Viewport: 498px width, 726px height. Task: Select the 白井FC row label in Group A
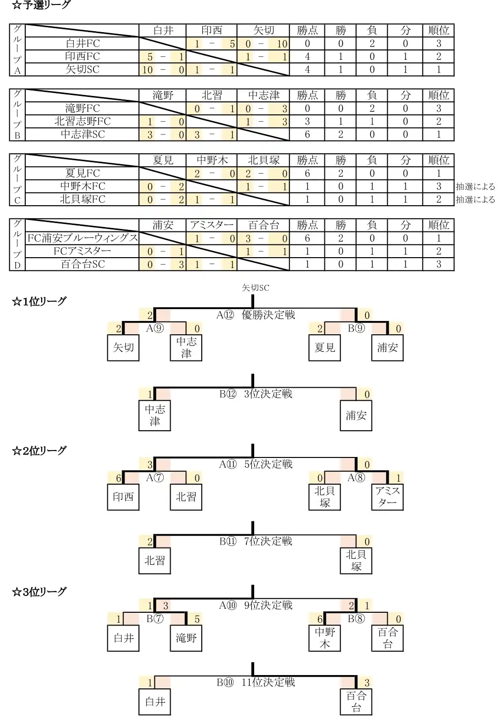point(83,44)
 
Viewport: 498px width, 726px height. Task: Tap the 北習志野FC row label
point(83,121)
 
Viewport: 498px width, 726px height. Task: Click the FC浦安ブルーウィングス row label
point(83,238)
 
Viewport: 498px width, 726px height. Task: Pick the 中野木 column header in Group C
point(212,160)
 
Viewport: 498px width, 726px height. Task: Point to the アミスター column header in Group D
point(212,225)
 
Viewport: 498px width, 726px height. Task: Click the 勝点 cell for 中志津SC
point(307,135)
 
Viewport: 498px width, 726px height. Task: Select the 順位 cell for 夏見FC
point(438,174)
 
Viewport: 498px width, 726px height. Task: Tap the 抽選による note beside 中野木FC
point(475,186)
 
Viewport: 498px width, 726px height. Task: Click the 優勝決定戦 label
point(268,315)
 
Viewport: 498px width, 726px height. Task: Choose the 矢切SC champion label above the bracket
point(255,288)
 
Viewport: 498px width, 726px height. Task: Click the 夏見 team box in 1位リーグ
point(324,348)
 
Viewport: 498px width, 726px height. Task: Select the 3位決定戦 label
point(268,394)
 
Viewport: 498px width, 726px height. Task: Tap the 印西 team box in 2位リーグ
point(123,497)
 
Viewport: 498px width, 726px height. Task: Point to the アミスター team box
point(387,497)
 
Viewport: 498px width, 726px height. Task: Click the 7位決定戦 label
point(268,541)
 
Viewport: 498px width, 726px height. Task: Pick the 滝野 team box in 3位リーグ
point(186,638)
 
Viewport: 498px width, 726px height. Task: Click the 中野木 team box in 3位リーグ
point(324,638)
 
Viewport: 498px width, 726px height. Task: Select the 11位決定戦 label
point(268,682)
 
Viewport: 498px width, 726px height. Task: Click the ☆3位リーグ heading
point(39,592)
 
